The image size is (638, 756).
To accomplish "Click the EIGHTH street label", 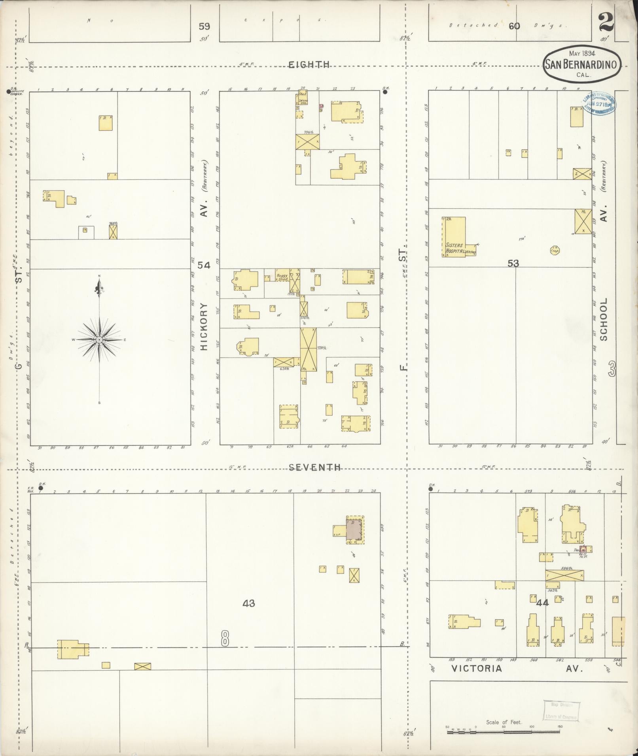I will [x=309, y=64].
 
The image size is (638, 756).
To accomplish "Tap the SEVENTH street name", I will [x=314, y=468].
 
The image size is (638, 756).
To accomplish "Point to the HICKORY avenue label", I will [x=204, y=326].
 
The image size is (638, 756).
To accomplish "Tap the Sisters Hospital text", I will [x=454, y=248].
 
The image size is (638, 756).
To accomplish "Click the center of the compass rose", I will [x=99, y=339].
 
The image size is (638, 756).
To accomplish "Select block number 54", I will [x=204, y=266].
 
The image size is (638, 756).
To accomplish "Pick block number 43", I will [x=249, y=603].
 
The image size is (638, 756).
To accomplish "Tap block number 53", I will [x=513, y=263].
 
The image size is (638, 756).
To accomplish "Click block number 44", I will [x=542, y=603].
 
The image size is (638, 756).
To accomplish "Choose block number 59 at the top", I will [x=204, y=26].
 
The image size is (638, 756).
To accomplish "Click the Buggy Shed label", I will [x=282, y=277].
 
